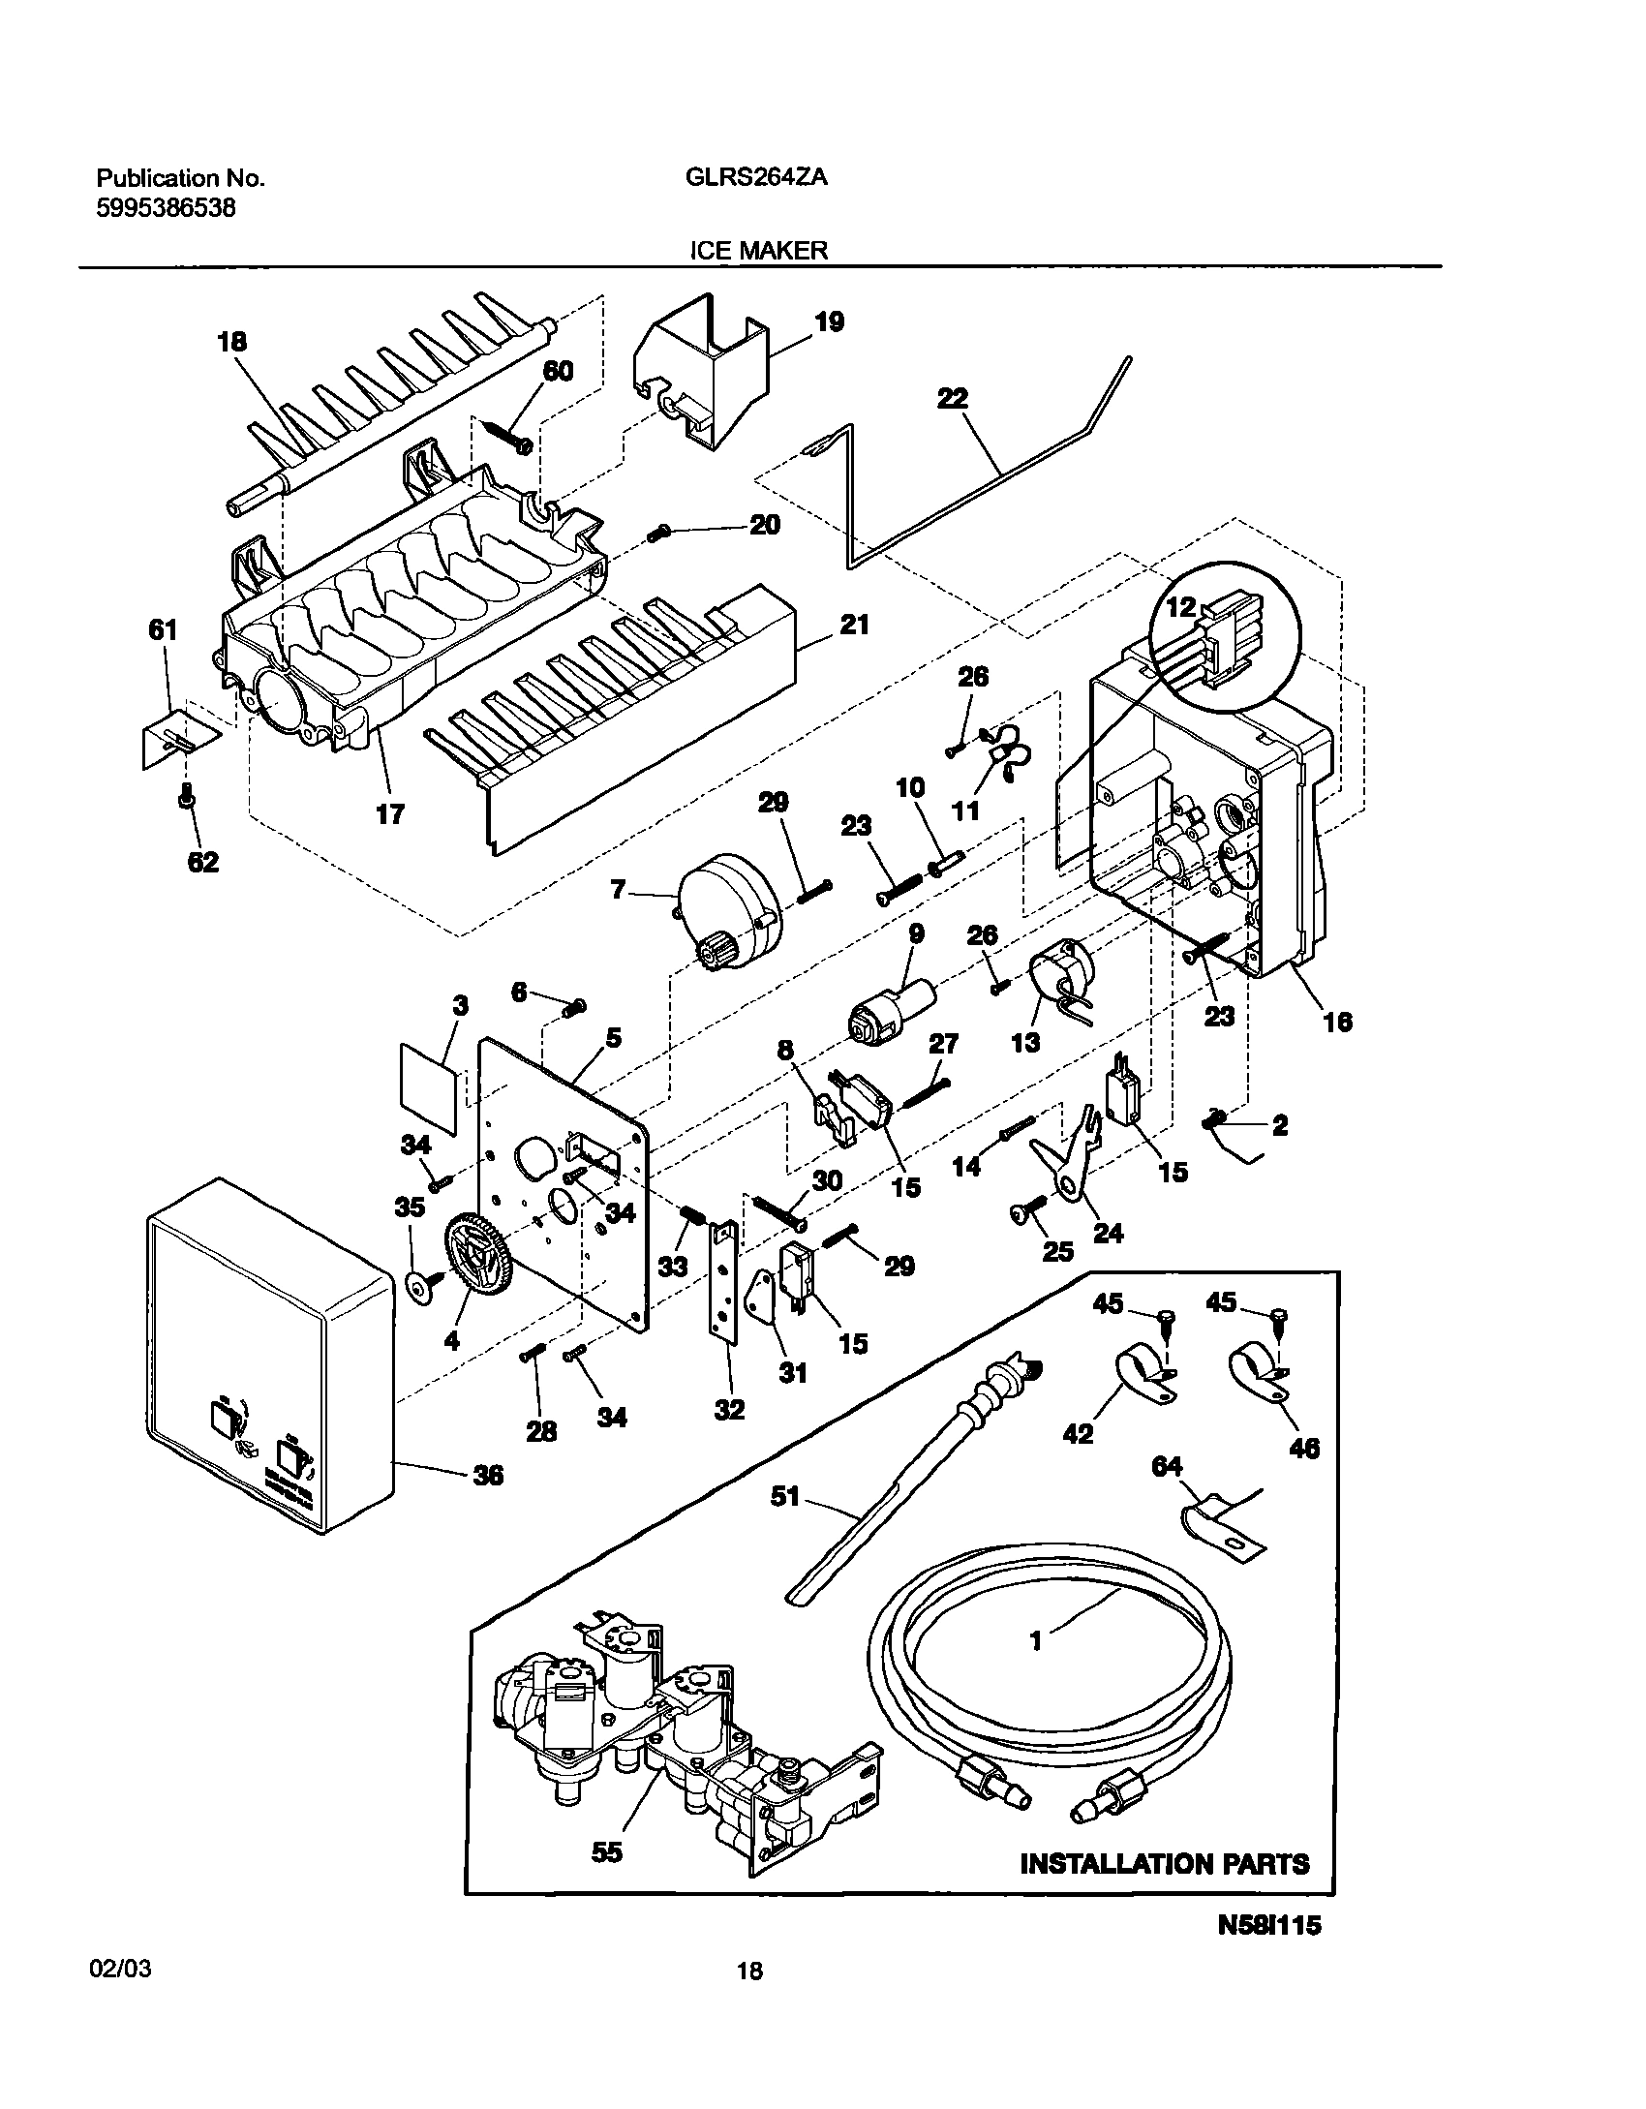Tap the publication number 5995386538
pos(166,208)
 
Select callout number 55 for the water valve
pos(607,1851)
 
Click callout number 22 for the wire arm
pos(953,399)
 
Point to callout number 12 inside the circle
pos(1180,608)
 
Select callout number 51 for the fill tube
pos(785,1496)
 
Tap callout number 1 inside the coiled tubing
pos(1035,1639)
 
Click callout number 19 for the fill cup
pos(829,322)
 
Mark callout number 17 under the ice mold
pos(389,814)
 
